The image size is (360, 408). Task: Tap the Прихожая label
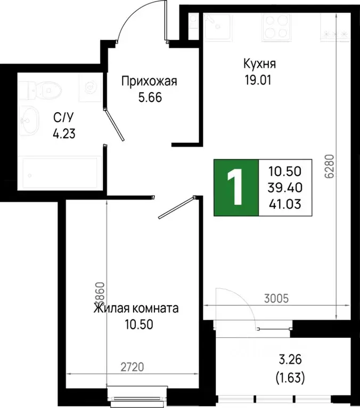point(149,81)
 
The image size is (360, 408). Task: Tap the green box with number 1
point(235,188)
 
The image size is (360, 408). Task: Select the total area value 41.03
point(285,202)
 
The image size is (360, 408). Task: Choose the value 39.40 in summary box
point(285,187)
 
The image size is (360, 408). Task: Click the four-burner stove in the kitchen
point(275,26)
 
